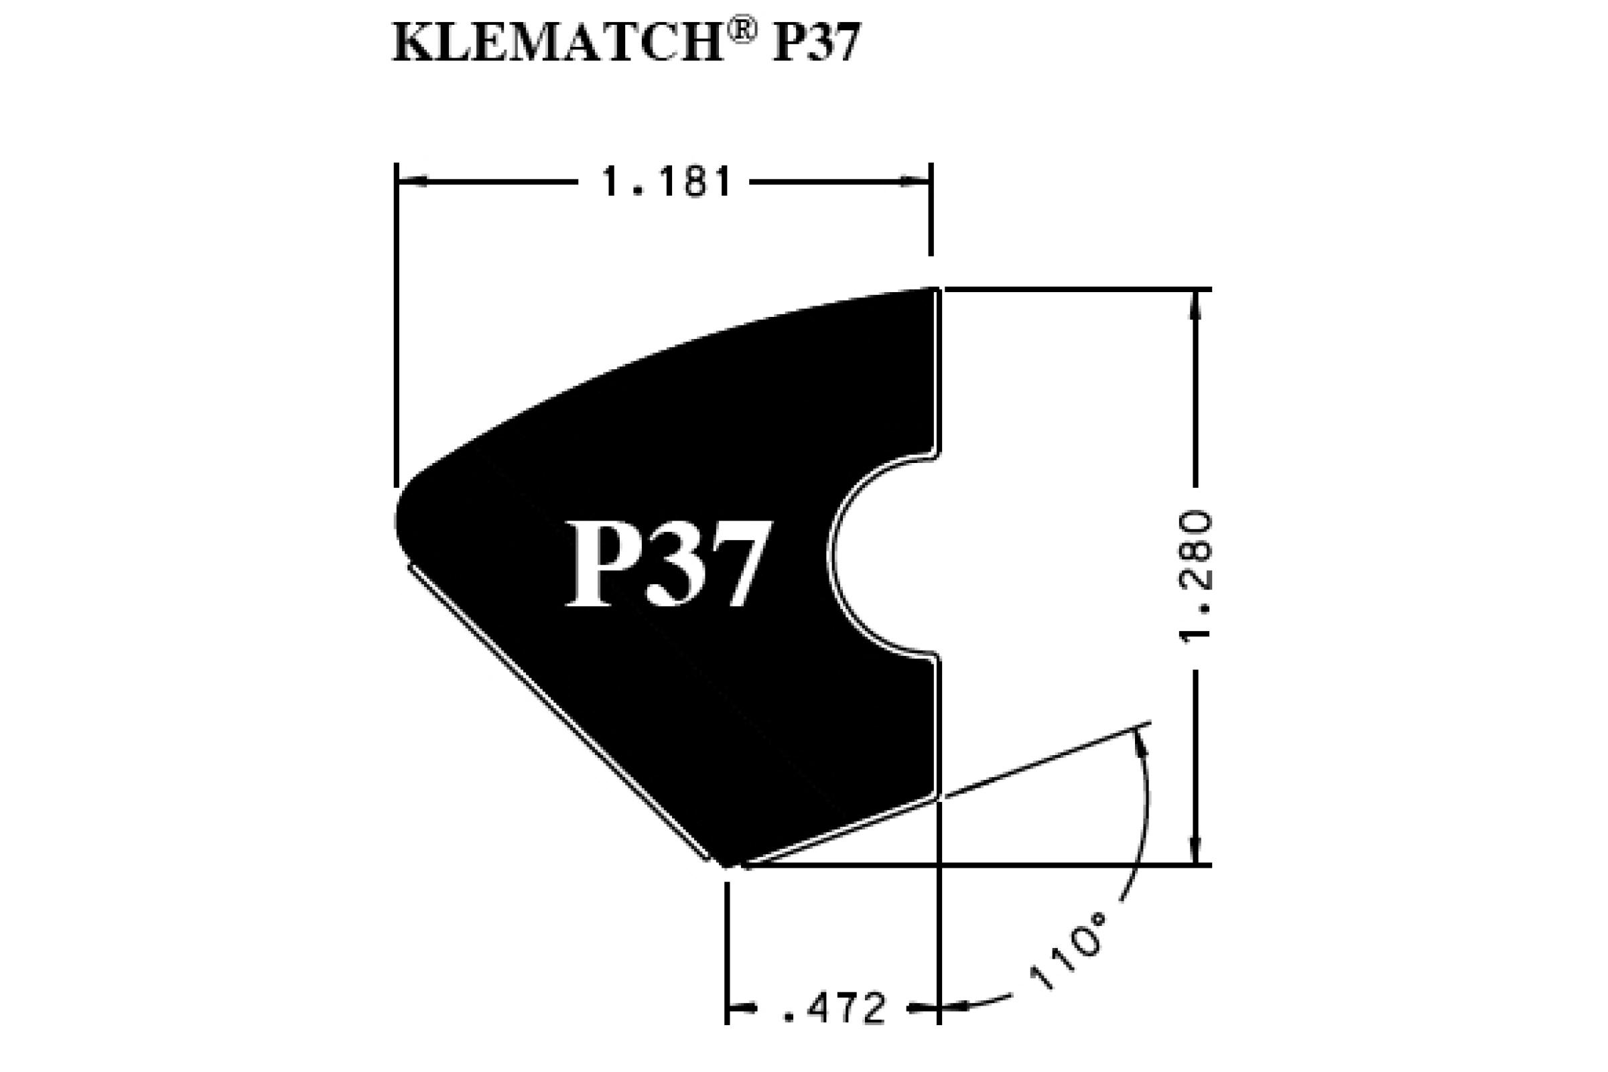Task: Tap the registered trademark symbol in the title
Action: pyautogui.click(x=740, y=31)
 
